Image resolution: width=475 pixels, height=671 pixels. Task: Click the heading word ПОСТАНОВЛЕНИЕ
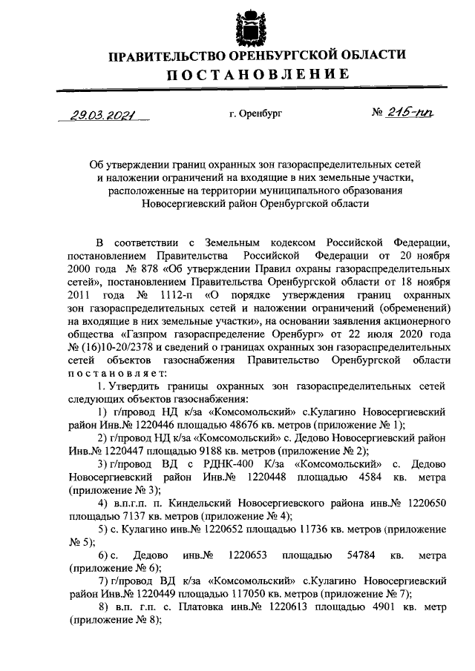[257, 73]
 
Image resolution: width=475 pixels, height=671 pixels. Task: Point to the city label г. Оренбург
[256, 115]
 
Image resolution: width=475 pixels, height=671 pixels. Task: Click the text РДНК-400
[221, 463]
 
